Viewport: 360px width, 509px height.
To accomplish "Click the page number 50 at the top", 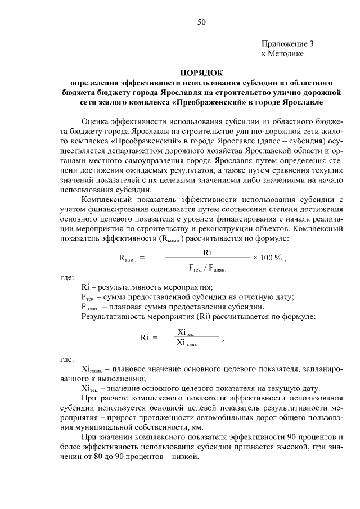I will click(202, 22).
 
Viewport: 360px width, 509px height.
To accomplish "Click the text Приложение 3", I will click(287, 43).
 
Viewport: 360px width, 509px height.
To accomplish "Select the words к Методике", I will click(282, 53).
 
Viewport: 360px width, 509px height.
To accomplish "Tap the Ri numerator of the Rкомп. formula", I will click(207, 253).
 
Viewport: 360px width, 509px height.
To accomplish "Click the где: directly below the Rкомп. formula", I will click(67, 278).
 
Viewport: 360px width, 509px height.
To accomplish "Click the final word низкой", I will click(186, 457).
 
